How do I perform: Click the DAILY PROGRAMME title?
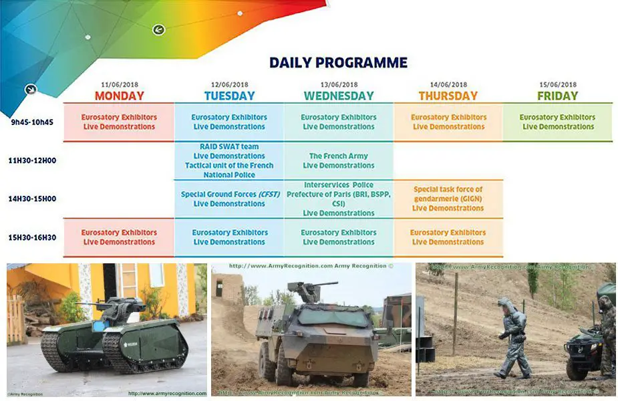tap(338, 63)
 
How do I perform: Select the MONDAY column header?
tap(119, 96)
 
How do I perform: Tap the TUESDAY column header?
tap(228, 96)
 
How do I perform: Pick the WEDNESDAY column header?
tap(339, 96)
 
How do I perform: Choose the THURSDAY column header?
tap(448, 96)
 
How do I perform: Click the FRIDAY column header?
tap(558, 96)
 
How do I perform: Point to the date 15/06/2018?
tap(558, 85)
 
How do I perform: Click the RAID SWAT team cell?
tap(229, 160)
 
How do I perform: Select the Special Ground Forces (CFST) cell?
tap(229, 199)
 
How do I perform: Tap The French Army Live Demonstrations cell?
tap(339, 161)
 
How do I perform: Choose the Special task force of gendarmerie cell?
tap(448, 198)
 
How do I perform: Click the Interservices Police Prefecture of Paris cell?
tap(339, 198)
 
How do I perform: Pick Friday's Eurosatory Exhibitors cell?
tap(558, 122)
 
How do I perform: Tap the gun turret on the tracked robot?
tap(121, 309)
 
